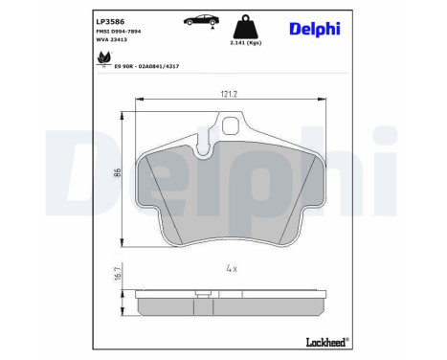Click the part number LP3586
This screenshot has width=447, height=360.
click(x=111, y=19)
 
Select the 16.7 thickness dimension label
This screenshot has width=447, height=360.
click(x=118, y=275)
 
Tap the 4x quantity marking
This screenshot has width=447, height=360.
click(x=230, y=268)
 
